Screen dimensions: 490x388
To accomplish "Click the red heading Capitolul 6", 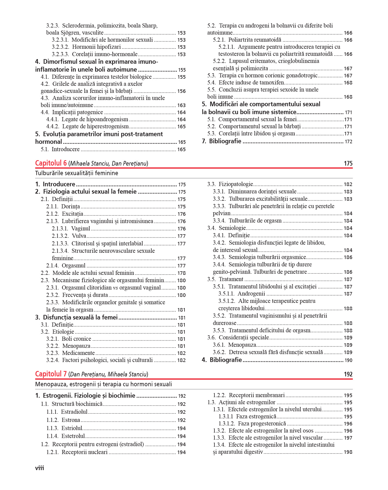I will pos(51,163).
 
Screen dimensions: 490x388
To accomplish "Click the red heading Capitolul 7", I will pos(51,374).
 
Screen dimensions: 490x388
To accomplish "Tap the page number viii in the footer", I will pos(39,468).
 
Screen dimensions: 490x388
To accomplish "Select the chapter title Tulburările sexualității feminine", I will pos(76,173).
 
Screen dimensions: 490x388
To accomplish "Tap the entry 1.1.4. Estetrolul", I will pos(66,436).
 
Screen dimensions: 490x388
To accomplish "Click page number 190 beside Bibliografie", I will pos(348,360).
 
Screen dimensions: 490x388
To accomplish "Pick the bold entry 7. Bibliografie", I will pos(221,141).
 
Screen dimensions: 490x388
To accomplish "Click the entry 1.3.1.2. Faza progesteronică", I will pos(252,424).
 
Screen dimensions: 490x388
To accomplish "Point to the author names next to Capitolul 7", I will pos(108,375).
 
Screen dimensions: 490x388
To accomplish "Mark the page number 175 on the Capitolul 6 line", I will pos(348,163).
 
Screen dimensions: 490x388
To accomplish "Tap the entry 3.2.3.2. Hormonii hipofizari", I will pos(86,47).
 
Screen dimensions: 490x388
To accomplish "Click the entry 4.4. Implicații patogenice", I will pos(72,112).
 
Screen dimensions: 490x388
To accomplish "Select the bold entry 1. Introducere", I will pos(55,184).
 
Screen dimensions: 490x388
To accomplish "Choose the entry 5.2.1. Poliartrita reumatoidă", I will pos(247,40).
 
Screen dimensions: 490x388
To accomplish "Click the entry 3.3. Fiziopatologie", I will pos(230,184).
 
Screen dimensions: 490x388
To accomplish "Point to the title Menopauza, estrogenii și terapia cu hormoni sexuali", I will pos(103,384).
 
